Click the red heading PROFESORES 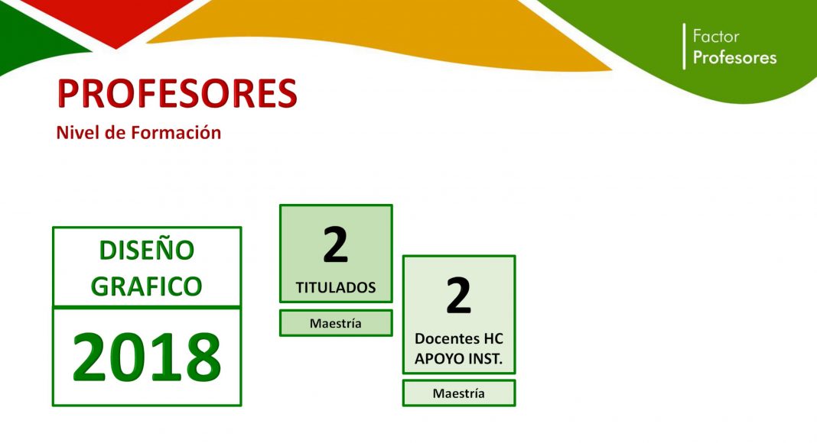(177, 94)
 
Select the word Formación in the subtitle (176, 133)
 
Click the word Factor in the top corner (716, 37)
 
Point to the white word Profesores (734, 57)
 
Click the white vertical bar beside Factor (684, 47)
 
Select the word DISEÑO (146, 250)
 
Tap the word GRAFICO (146, 286)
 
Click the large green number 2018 (146, 357)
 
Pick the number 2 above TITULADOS (336, 245)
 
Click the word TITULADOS (336, 287)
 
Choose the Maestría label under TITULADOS (336, 323)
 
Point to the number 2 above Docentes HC (458, 296)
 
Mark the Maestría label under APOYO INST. (458, 393)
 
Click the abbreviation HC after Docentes (493, 339)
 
